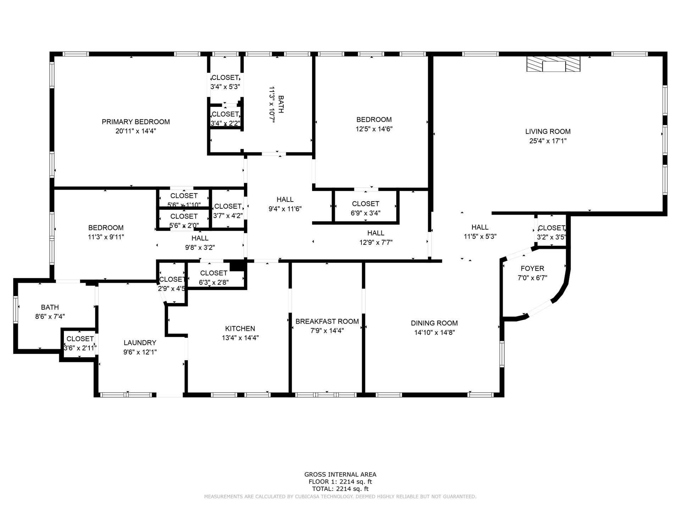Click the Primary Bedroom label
pyautogui.click(x=135, y=122)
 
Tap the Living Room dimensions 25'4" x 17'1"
pyautogui.click(x=548, y=141)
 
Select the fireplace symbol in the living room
pyautogui.click(x=553, y=64)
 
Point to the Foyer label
pyautogui.click(x=532, y=269)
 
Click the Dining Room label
pyautogui.click(x=434, y=323)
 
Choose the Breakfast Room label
pyautogui.click(x=327, y=322)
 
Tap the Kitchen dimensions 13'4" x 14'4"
pyautogui.click(x=240, y=338)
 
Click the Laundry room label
pyautogui.click(x=140, y=343)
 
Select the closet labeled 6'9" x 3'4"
pyautogui.click(x=365, y=208)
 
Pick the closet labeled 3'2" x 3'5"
pyautogui.click(x=551, y=232)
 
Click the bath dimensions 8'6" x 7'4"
pyautogui.click(x=50, y=317)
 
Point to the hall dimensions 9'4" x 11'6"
pyautogui.click(x=285, y=209)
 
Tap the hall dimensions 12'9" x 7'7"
pyautogui.click(x=376, y=243)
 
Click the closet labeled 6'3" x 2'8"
pyautogui.click(x=214, y=278)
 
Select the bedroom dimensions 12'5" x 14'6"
pyautogui.click(x=374, y=129)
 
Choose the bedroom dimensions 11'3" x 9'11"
pyautogui.click(x=106, y=237)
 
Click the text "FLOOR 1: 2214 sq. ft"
pyautogui.click(x=340, y=482)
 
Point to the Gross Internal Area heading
pyautogui.click(x=340, y=474)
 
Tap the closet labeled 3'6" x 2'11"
pyautogui.click(x=80, y=344)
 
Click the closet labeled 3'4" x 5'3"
pyautogui.click(x=225, y=82)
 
